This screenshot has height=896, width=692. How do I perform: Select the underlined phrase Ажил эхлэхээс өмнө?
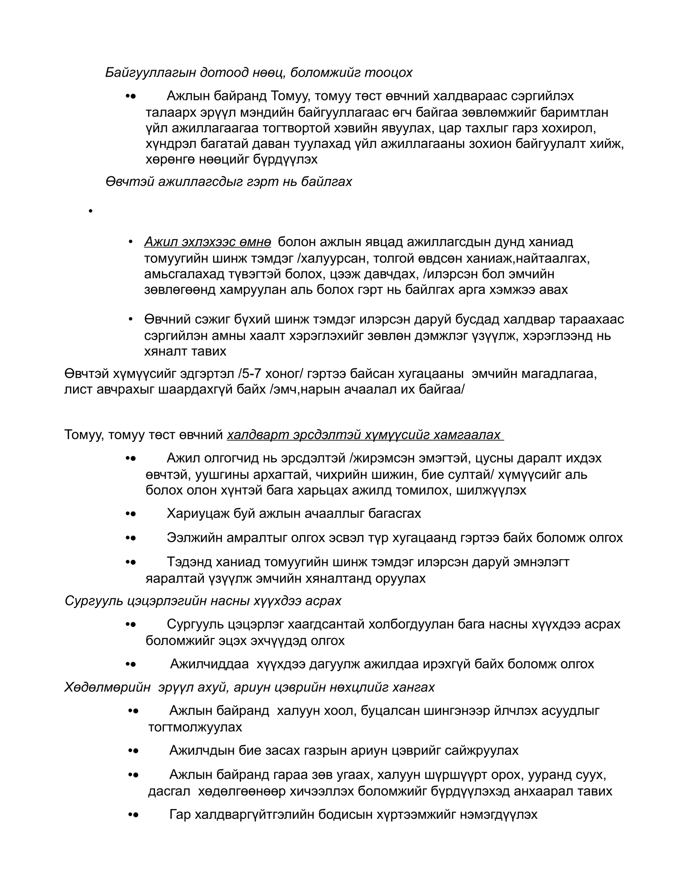click(207, 242)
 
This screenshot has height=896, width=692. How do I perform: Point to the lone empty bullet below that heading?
click(91, 211)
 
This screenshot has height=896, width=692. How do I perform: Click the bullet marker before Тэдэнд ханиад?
click(130, 562)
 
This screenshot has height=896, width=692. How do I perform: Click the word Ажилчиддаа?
click(209, 664)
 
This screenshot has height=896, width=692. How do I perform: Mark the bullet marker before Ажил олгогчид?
click(130, 458)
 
